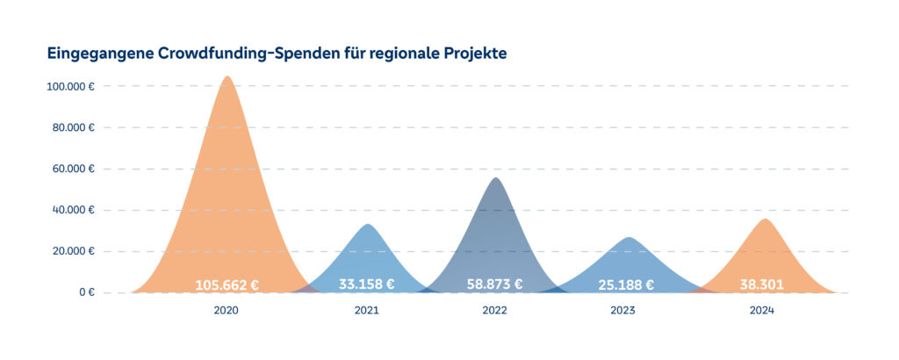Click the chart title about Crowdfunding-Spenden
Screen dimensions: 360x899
click(277, 53)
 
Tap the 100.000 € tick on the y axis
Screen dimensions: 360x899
click(71, 86)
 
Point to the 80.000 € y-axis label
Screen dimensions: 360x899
click(74, 127)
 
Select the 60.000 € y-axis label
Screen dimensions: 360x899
click(74, 169)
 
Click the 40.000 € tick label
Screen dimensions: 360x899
click(74, 210)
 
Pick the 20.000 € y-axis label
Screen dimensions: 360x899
click(74, 251)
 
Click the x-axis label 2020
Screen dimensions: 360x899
click(227, 311)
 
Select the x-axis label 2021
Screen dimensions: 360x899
click(366, 311)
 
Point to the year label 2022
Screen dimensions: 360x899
click(495, 311)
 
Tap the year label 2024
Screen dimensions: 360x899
click(762, 311)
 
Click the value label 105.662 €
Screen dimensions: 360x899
click(227, 284)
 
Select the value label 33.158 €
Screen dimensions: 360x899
click(366, 284)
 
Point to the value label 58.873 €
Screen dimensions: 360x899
click(495, 284)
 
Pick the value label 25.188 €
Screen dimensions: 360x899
click(625, 284)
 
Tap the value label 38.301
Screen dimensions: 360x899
click(760, 284)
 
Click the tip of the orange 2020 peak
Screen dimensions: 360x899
click(227, 77)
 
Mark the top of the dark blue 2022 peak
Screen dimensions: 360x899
click(496, 179)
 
